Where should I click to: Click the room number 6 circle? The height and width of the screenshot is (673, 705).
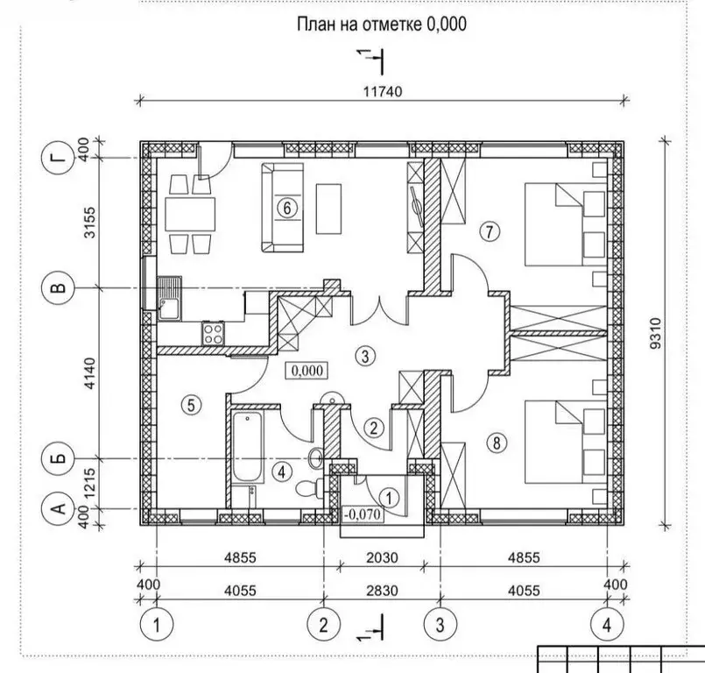pos(287,209)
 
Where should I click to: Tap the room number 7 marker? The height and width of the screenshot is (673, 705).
pos(490,231)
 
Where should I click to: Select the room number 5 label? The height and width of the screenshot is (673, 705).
pos(191,406)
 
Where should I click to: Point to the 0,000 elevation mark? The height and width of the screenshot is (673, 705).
pos(307,371)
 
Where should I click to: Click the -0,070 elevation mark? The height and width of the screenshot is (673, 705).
pos(363,514)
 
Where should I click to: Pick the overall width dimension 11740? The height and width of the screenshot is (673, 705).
pos(383,92)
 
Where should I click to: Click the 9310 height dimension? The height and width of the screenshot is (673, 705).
pos(656,333)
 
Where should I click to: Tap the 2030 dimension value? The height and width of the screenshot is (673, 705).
pos(382,558)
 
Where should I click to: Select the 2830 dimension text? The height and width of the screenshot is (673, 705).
pos(382,590)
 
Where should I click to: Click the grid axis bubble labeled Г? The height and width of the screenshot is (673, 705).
pos(57,158)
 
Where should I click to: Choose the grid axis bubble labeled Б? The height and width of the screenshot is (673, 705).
pos(57,458)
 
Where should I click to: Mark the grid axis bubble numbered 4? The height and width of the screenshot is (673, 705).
pos(607,625)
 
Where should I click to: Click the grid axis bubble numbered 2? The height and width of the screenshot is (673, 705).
pos(324,625)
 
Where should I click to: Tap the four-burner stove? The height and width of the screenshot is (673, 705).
pos(213,333)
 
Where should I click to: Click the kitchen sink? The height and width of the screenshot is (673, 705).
pos(170,298)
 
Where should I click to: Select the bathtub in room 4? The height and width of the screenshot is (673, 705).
pos(248,448)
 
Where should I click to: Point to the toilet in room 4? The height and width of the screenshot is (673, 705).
pos(309,488)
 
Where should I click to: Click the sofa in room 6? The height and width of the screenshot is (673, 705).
pos(282,208)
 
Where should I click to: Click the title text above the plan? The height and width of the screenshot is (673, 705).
pos(382,24)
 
